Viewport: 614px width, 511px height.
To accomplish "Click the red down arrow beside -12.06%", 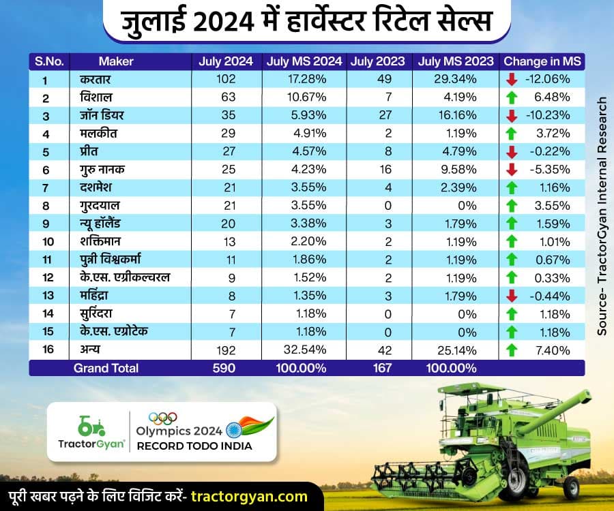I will tap(512, 79).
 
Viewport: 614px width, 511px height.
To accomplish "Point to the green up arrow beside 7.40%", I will tap(512, 350).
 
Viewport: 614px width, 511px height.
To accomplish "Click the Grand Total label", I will tap(106, 368).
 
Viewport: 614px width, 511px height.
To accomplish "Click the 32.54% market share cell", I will tap(306, 350).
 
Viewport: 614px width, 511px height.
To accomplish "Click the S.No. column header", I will tap(50, 61).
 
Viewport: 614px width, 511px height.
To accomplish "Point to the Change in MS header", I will tap(542, 61).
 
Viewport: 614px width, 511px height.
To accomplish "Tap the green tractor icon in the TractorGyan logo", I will tap(91, 426).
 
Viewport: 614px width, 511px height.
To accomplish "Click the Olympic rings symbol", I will tap(162, 418).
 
